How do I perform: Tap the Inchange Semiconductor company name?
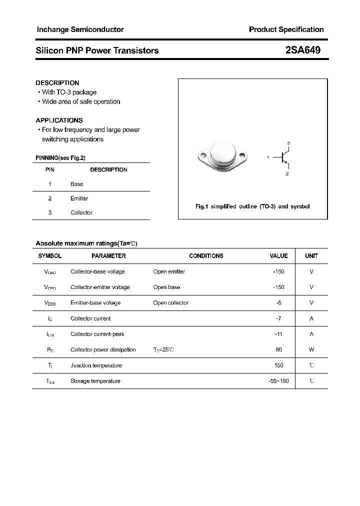coord(80,29)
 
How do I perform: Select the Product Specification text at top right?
coord(286,29)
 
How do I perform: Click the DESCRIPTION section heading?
coord(57,82)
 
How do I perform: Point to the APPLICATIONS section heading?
coord(59,120)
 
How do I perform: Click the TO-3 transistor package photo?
coord(222,154)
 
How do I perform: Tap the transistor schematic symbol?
coord(285,158)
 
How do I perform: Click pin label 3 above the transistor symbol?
coord(288,143)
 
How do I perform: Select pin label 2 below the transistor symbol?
coord(287,174)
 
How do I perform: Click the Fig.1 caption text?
coord(252,206)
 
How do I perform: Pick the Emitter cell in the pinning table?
coord(79,198)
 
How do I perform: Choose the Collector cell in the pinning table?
coord(81,212)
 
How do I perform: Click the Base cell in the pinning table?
coord(76,184)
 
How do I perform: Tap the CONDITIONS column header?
coord(206,255)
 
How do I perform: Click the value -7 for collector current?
coord(279,318)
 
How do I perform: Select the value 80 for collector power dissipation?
coord(278,349)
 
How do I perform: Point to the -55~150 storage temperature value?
coord(278,381)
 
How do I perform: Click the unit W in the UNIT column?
coord(311,349)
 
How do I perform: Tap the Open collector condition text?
coord(171,302)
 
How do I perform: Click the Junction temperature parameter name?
coord(96,365)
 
